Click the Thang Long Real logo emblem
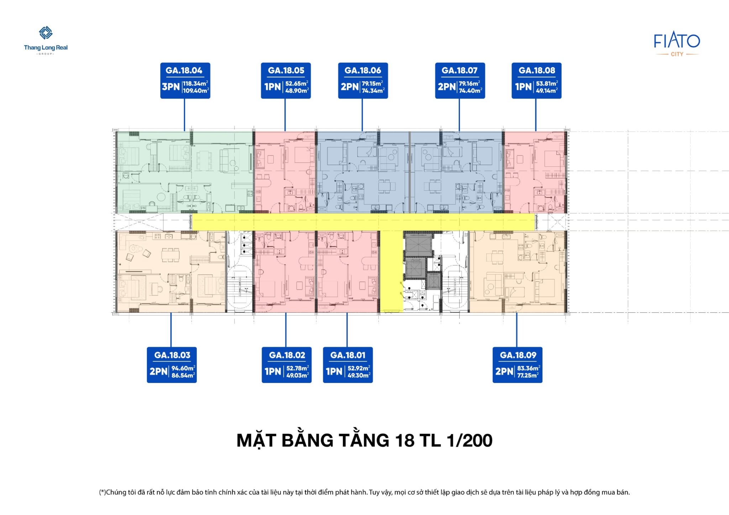pyautogui.click(x=46, y=33)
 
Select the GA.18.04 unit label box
pyautogui.click(x=185, y=81)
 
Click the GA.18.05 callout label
pyautogui.click(x=286, y=81)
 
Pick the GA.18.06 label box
pyautogui.click(x=363, y=81)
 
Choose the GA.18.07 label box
pyautogui.click(x=460, y=81)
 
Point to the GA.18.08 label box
pyautogui.click(x=536, y=81)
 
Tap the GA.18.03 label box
pyautogui.click(x=172, y=365)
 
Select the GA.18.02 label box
pyautogui.click(x=287, y=365)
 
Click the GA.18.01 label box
pyautogui.click(x=348, y=365)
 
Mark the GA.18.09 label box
pyautogui.click(x=518, y=365)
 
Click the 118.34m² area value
pyautogui.click(x=195, y=84)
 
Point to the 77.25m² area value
pyautogui.click(x=528, y=375)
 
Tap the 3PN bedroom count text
pyautogui.click(x=171, y=86)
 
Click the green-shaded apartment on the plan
pyautogui.click(x=185, y=172)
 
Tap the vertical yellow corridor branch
pyautogui.click(x=392, y=271)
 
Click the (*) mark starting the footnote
pyautogui.click(x=103, y=492)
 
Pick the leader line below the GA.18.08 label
pyautogui.click(x=536, y=115)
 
